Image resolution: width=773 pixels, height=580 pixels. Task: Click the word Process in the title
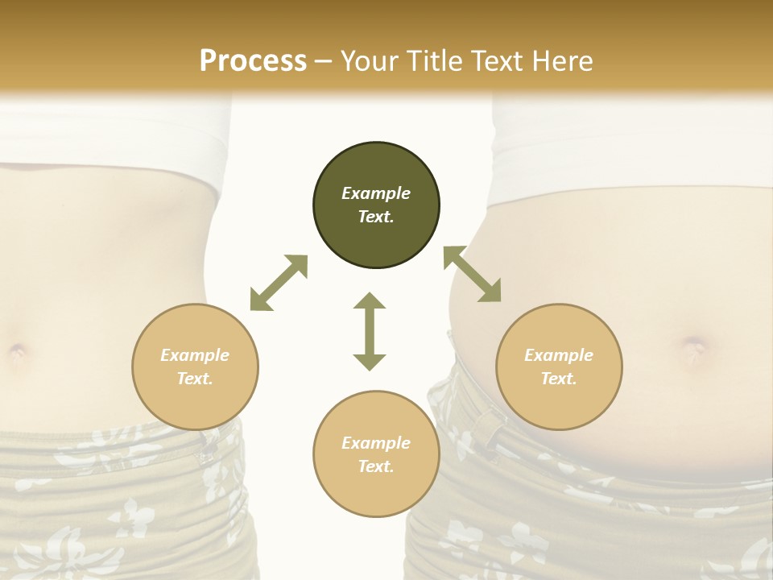click(x=253, y=61)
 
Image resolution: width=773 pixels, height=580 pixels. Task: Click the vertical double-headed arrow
click(x=370, y=331)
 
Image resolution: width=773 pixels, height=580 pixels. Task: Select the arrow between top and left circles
click(x=279, y=283)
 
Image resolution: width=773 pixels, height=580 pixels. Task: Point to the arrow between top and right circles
click(x=473, y=275)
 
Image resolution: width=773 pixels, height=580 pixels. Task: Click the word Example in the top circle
click(x=376, y=193)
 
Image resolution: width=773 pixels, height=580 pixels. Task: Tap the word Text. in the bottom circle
click(x=376, y=466)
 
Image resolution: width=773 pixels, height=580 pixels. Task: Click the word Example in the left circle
click(x=195, y=355)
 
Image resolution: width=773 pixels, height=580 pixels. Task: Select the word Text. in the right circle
click(x=559, y=379)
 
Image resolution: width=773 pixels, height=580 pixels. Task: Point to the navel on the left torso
click(x=17, y=351)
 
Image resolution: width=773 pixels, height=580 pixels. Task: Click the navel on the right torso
click(x=694, y=347)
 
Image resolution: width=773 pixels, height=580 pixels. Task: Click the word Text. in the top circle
click(x=376, y=217)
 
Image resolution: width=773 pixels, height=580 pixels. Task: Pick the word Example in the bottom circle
click(x=376, y=443)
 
